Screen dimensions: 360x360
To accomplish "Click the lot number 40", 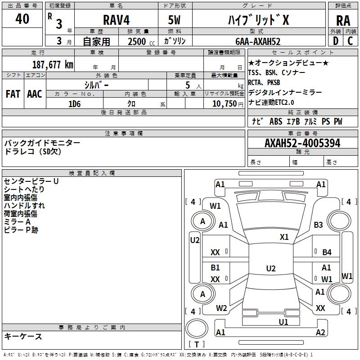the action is click(22, 18).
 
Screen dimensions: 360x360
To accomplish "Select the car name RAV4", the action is click(116, 20).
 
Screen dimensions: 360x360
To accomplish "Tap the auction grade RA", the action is click(343, 21).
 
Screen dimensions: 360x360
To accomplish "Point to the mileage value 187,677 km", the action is click(53, 64).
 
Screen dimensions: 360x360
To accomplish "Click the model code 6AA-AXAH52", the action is click(258, 41).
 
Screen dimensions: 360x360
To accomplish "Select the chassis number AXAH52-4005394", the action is click(302, 143).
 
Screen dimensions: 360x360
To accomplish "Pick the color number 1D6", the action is click(74, 104).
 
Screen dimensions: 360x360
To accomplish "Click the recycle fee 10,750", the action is click(224, 103).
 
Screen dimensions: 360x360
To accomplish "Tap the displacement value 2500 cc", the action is click(141, 41).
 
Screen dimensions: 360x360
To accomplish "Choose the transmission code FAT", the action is click(13, 94).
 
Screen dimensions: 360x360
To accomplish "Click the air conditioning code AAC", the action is click(35, 94).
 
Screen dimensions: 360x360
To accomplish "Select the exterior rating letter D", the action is click(335, 41).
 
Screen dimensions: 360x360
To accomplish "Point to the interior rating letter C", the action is click(350, 41).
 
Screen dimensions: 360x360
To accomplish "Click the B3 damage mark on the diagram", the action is click(318, 225).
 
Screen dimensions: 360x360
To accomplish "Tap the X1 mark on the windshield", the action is click(284, 237).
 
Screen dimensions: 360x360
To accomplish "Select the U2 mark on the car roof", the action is click(271, 268).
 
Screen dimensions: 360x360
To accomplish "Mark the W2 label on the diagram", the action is click(221, 308).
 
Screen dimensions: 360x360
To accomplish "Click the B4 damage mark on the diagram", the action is click(327, 252).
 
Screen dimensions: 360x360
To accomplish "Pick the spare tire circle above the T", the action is click(197, 328).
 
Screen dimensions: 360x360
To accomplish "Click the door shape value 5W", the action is click(174, 20).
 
